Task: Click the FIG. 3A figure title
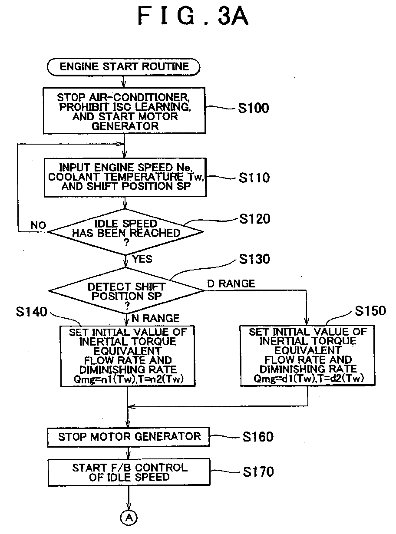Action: [193, 16]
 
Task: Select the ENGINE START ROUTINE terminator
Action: [124, 67]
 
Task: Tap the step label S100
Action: [254, 108]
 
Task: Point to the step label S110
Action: [254, 178]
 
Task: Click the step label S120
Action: [254, 219]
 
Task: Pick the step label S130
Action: [254, 259]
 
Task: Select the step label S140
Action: [31, 312]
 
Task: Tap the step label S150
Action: [370, 310]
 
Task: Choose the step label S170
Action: [258, 471]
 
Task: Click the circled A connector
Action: [129, 518]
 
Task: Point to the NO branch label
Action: [38, 225]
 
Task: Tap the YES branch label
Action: [142, 259]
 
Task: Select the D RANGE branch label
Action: [231, 283]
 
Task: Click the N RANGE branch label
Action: [155, 318]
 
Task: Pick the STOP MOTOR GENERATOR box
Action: [129, 437]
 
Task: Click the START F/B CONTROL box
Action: [129, 472]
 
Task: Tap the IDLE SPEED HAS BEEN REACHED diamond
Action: [126, 231]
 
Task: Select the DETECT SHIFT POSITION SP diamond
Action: [126, 290]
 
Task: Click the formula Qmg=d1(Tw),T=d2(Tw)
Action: [308, 379]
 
